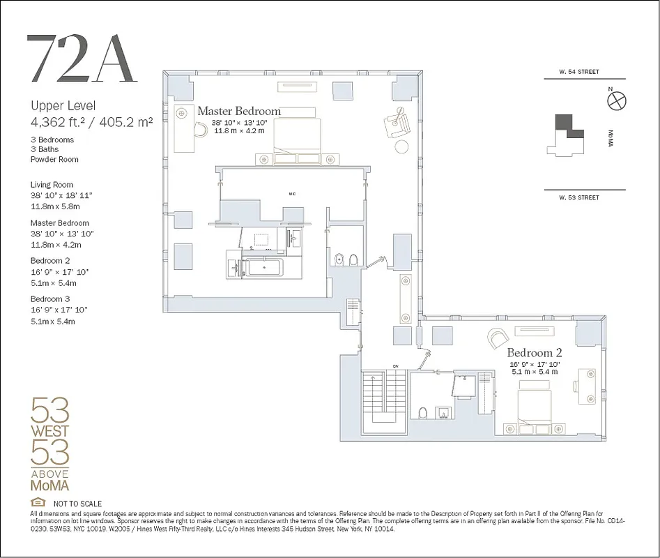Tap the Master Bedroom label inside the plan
pyautogui.click(x=238, y=111)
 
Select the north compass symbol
pyautogui.click(x=617, y=101)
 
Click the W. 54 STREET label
pyautogui.click(x=578, y=72)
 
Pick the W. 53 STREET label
pyautogui.click(x=578, y=197)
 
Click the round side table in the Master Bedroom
pyautogui.click(x=402, y=146)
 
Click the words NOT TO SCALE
pyautogui.click(x=77, y=504)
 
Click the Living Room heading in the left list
pyautogui.click(x=52, y=185)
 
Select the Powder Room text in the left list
pyautogui.click(x=54, y=159)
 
